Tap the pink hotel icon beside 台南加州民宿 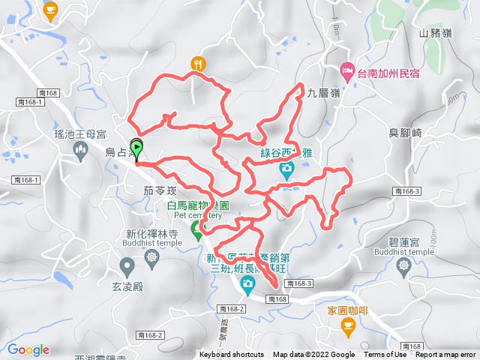coord(347,73)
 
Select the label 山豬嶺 coord(435,33)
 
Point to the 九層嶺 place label coord(324,93)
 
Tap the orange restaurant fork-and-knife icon coord(198,64)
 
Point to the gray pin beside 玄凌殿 coord(127,265)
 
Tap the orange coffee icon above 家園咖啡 coord(347,324)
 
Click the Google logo coord(28,349)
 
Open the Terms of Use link coord(385,355)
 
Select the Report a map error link coord(446,355)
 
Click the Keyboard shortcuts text coord(232,355)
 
